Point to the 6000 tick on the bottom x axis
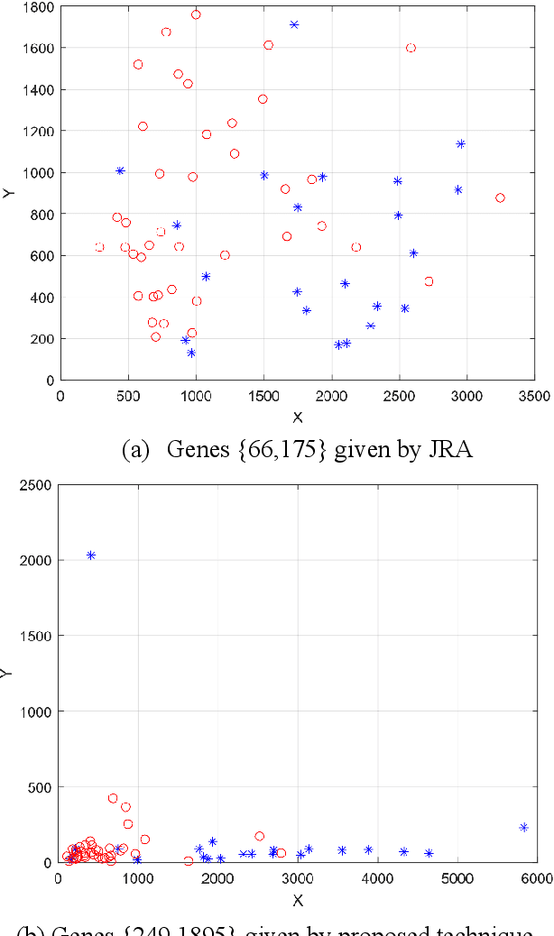536,876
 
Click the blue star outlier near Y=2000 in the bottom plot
91,555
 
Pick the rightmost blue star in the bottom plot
523,827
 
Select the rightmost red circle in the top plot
500,197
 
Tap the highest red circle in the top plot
196,14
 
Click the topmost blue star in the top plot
294,24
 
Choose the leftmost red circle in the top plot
99,247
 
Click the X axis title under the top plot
298,416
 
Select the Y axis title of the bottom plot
7,672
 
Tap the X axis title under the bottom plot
297,898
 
